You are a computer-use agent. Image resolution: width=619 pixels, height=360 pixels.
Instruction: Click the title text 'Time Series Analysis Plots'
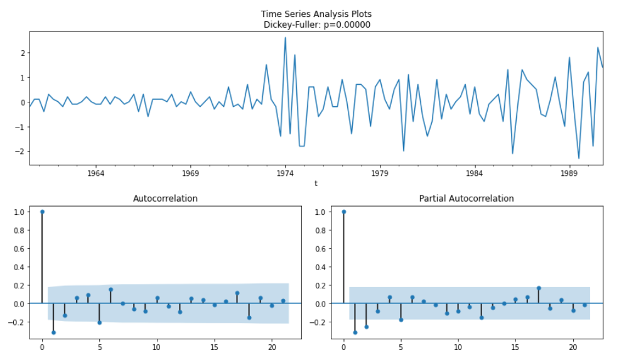click(x=320, y=14)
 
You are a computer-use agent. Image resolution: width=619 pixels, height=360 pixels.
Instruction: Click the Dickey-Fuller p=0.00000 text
click(x=320, y=25)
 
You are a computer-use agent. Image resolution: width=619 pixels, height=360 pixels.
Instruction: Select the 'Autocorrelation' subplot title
click(x=165, y=199)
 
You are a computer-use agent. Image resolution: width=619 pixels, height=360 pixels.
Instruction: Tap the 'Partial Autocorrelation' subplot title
click(x=466, y=199)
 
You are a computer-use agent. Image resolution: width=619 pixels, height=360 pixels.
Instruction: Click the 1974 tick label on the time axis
click(x=285, y=173)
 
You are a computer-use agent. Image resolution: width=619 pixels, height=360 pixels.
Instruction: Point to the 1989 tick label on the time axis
click(x=569, y=173)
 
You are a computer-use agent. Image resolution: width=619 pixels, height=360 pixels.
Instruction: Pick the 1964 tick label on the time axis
click(x=95, y=173)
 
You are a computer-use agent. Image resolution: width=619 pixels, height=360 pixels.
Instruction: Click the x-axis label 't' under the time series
click(x=316, y=183)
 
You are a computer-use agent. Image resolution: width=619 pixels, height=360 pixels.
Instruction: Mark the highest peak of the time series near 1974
click(x=285, y=38)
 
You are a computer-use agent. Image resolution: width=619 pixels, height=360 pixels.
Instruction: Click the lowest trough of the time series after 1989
click(x=579, y=158)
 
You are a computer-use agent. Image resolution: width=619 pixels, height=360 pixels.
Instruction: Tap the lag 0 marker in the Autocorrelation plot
click(x=42, y=212)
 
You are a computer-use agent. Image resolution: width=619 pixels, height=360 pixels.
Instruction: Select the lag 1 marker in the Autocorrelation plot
click(x=53, y=332)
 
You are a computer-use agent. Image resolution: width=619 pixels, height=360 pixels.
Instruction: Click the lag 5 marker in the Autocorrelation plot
click(x=99, y=322)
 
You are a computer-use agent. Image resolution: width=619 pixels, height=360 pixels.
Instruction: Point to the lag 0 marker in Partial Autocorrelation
click(x=343, y=212)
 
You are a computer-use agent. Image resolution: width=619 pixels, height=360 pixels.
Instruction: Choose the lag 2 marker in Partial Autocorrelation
click(x=367, y=327)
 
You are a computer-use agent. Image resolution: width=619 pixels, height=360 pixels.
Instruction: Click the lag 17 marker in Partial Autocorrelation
click(x=539, y=288)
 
